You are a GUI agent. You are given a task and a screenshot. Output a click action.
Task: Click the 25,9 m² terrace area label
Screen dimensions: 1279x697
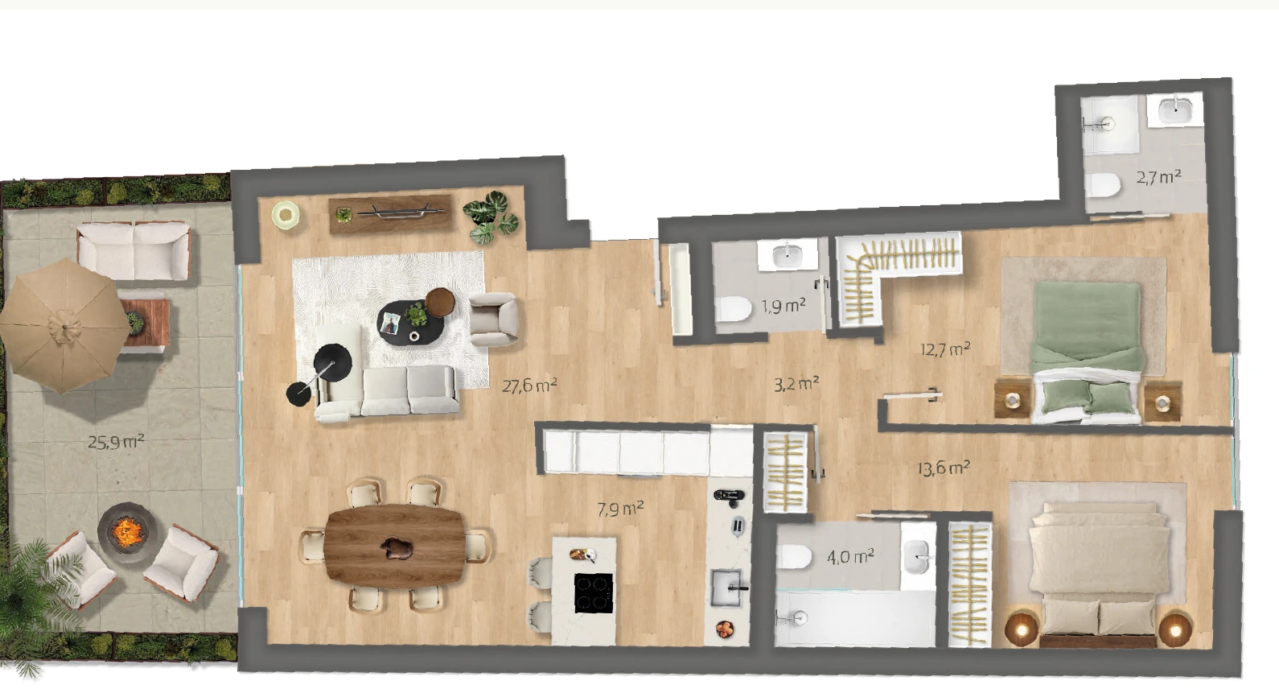[x=116, y=442]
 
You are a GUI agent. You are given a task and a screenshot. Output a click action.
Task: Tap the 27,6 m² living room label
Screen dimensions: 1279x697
[x=530, y=386]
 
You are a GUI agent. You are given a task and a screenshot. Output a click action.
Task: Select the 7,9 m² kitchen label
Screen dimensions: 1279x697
[x=621, y=509]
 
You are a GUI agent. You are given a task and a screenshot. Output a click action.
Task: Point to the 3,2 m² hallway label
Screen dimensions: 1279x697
[x=796, y=383]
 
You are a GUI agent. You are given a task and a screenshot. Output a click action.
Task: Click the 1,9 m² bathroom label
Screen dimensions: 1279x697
[x=783, y=306]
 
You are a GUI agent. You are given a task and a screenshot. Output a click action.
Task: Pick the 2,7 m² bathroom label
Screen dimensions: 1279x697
[x=1158, y=177]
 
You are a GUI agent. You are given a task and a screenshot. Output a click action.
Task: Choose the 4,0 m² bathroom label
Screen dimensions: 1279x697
[x=850, y=556]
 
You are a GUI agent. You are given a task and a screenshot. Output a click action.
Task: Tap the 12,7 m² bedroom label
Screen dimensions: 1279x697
[x=945, y=348]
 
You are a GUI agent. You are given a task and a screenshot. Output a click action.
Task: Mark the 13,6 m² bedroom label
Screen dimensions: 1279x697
[x=944, y=468]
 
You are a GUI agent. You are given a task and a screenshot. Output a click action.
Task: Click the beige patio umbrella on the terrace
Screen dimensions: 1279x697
[x=64, y=327]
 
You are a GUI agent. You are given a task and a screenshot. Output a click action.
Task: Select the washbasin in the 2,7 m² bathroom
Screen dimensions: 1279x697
[x=1176, y=109]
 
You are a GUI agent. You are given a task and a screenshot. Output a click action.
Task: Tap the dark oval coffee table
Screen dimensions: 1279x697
[x=410, y=322]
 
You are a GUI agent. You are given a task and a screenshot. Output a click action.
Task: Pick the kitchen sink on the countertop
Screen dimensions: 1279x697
[x=727, y=587]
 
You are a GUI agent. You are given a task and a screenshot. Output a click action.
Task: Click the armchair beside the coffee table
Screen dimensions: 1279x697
[x=493, y=320]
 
